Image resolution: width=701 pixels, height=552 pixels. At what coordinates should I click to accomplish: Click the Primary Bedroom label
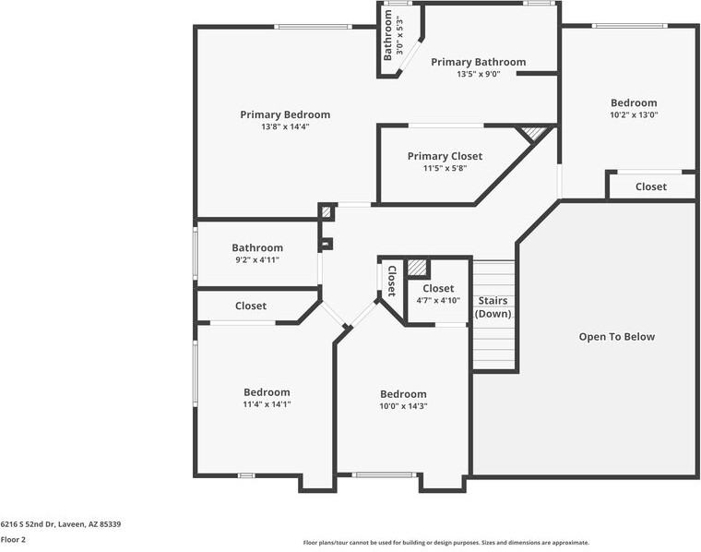[x=285, y=114]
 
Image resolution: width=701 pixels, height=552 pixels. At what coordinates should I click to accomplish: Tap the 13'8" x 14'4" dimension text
[x=285, y=126]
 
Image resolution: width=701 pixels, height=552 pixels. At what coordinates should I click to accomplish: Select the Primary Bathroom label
[x=479, y=62]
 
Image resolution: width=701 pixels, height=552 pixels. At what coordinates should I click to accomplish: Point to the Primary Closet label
[x=445, y=156]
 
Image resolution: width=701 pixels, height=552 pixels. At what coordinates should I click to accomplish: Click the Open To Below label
[x=617, y=337]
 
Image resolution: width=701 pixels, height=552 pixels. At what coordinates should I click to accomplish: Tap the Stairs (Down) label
[x=493, y=306]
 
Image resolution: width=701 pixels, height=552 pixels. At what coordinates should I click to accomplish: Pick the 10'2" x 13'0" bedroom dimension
[x=634, y=114]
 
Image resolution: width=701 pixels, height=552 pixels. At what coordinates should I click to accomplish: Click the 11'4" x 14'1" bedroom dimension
[x=267, y=404]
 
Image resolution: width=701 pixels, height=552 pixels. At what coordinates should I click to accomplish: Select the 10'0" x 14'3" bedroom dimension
[x=403, y=406]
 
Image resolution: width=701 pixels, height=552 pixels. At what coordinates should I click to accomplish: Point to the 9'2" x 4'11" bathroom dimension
[x=257, y=260]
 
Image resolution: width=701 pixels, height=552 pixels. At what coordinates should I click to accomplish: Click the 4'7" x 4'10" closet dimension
[x=438, y=301]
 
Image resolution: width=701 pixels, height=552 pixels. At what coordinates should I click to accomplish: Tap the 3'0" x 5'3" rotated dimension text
[x=399, y=35]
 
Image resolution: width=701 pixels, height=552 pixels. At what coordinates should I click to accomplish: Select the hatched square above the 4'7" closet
[x=416, y=268]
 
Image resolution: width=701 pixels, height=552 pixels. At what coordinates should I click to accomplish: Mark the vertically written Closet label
[x=392, y=282]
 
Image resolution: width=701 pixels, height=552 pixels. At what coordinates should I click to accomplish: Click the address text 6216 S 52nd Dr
[x=28, y=523]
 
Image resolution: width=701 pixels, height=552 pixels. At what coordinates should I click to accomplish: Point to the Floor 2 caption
[x=13, y=539]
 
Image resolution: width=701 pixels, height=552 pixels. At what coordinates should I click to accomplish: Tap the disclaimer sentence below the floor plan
[x=446, y=543]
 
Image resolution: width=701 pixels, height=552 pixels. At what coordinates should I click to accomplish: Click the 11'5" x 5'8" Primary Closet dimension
[x=445, y=168]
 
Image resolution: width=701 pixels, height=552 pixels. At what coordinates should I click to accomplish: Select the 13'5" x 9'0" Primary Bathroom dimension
[x=479, y=74]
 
